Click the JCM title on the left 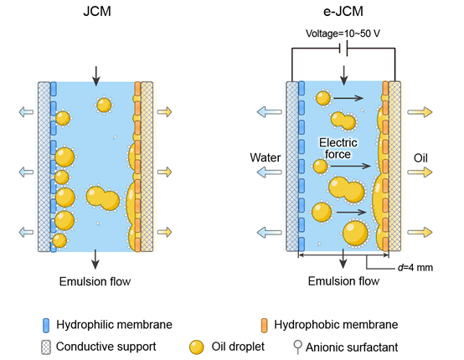(97, 11)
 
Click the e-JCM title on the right (343, 11)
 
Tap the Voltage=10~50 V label (343, 33)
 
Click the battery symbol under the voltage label (343, 49)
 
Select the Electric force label (338, 148)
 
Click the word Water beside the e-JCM (266, 157)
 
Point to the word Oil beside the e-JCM (420, 158)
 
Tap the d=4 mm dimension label (415, 267)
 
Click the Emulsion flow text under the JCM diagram (95, 281)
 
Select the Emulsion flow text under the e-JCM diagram (343, 280)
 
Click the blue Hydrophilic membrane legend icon (46, 326)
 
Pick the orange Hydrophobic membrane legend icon (264, 326)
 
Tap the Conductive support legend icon (46, 347)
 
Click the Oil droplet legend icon (197, 347)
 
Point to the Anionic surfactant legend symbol (297, 347)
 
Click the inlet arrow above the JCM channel (95, 76)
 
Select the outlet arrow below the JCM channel (95, 260)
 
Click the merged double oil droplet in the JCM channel (103, 198)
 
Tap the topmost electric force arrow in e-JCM (348, 98)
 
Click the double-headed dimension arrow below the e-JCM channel (343, 255)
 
